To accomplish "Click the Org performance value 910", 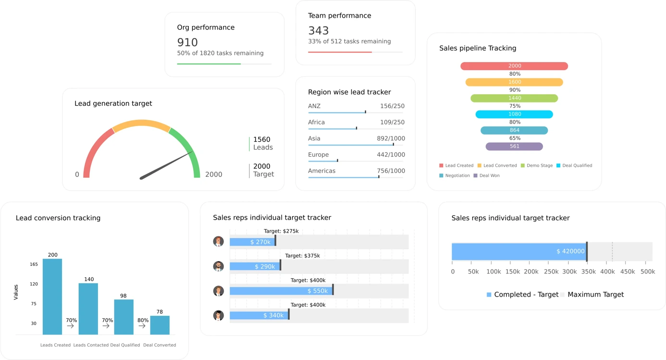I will coord(187,42).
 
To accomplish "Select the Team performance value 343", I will coord(319,31).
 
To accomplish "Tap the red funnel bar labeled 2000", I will coord(514,66).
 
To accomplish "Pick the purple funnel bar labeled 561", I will coord(514,147).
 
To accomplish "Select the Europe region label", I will coord(319,155).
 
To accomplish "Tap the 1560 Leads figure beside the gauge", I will coord(262,143).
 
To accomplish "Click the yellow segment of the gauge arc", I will coord(141,124).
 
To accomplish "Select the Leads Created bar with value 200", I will coord(52,297).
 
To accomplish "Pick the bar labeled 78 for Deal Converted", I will coord(160,325).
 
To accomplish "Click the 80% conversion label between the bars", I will coord(143,320).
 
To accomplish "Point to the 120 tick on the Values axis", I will coord(34,284).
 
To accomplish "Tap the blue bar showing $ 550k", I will coord(281,291).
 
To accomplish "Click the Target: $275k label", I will coord(281,231).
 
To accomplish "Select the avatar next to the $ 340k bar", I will coord(219,315).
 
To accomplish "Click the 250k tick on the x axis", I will coord(551,272).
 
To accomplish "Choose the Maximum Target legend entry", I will coord(595,295).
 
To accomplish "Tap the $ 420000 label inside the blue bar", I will coord(570,251).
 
